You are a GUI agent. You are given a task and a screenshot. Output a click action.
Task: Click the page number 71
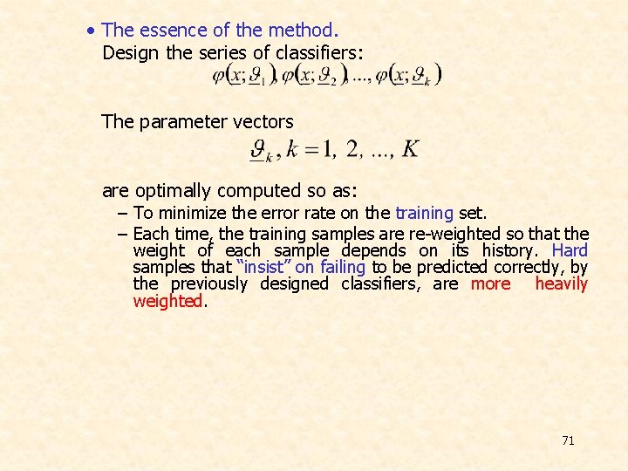(568, 440)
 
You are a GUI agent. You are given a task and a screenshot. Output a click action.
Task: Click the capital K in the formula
(410, 148)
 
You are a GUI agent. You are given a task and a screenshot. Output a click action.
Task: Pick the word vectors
(263, 121)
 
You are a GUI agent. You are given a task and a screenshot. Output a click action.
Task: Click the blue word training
(424, 213)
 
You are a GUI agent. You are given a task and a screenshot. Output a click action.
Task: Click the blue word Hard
(570, 250)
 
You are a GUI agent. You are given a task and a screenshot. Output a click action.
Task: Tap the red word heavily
(562, 283)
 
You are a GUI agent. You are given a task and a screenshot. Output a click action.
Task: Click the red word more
(490, 283)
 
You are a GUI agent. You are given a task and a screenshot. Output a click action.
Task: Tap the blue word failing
(343, 267)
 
